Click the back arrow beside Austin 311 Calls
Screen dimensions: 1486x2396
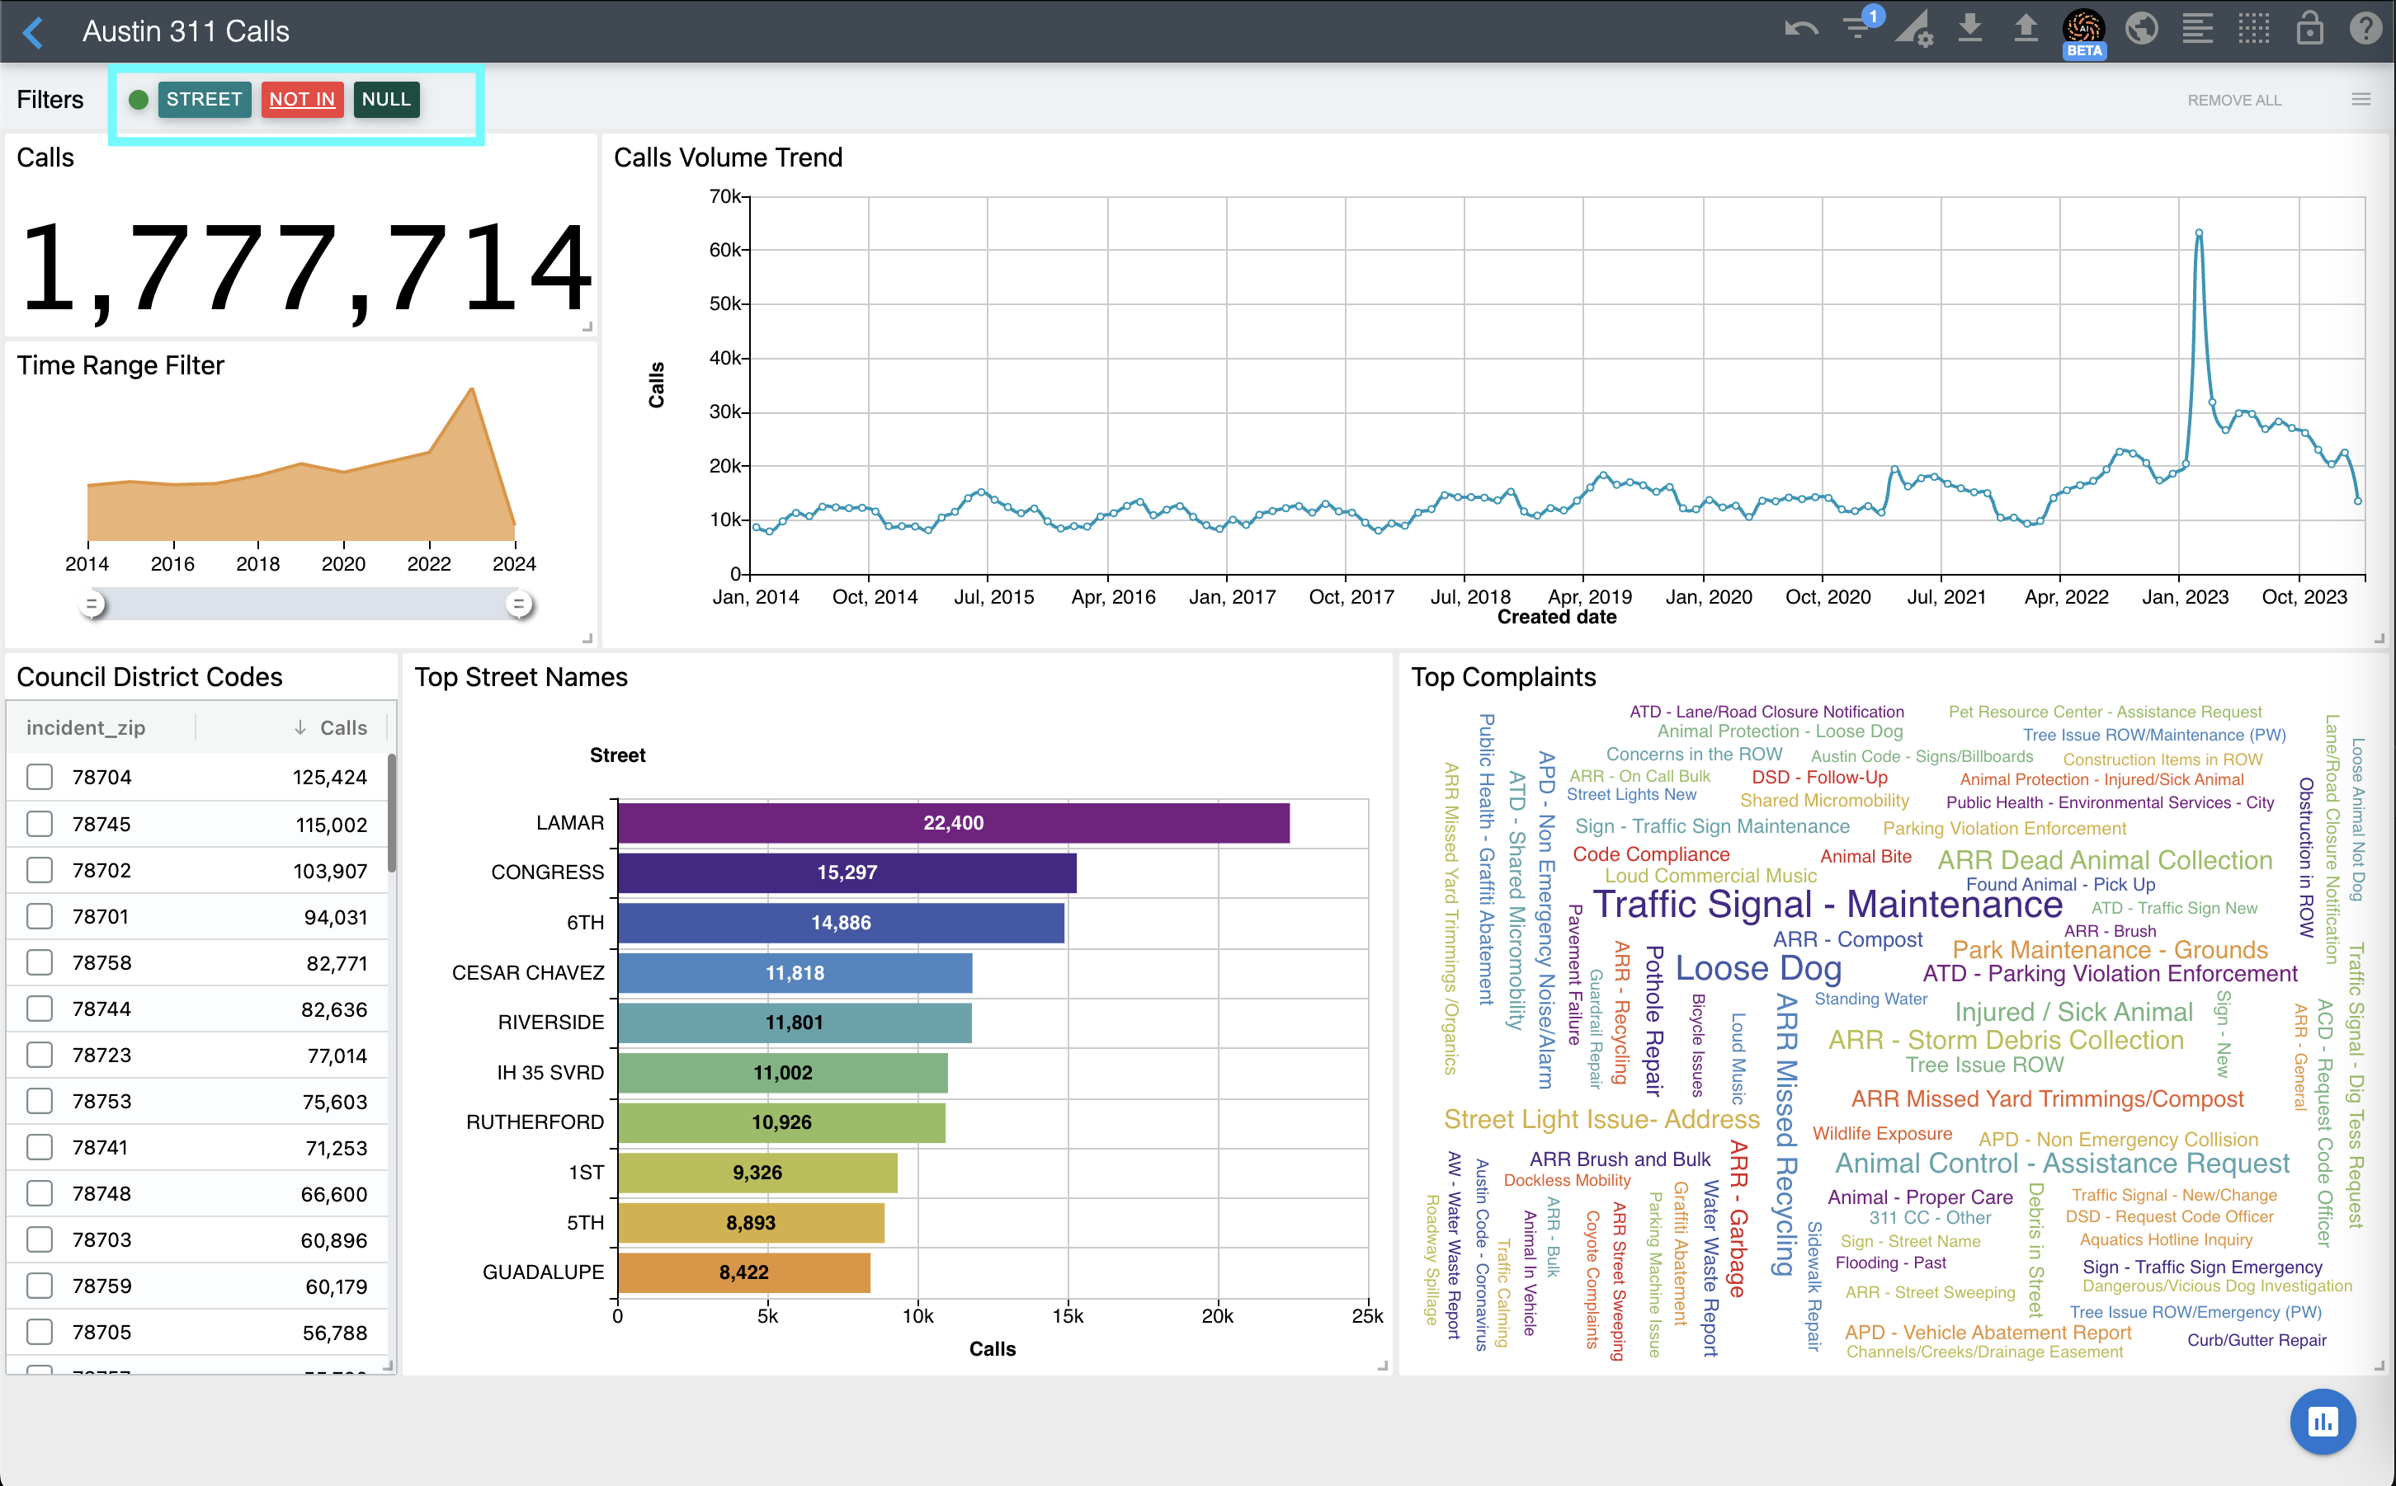click(34, 31)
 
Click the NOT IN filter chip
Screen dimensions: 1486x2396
click(302, 99)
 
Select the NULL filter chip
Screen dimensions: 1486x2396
click(385, 99)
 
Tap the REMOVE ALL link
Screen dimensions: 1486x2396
click(2233, 101)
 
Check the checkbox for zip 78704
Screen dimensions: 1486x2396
click(40, 778)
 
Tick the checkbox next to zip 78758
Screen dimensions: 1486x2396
click(40, 963)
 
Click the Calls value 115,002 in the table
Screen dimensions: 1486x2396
click(332, 825)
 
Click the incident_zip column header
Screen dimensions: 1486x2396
click(86, 727)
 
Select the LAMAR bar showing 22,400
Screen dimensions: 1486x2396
click(953, 824)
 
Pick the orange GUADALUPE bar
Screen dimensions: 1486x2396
click(743, 1272)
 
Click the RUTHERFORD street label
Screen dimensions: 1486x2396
click(535, 1122)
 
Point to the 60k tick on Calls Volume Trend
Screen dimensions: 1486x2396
click(728, 251)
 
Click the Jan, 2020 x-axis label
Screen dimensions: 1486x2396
click(1708, 596)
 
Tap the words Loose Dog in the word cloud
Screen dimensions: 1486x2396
click(1758, 968)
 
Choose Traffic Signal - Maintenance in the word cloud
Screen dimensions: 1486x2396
click(1827, 904)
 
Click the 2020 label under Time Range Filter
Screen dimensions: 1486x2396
click(343, 564)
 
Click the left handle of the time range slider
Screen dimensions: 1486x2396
click(92, 604)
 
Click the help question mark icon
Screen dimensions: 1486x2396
click(2365, 29)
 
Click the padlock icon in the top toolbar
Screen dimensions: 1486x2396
click(2309, 29)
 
